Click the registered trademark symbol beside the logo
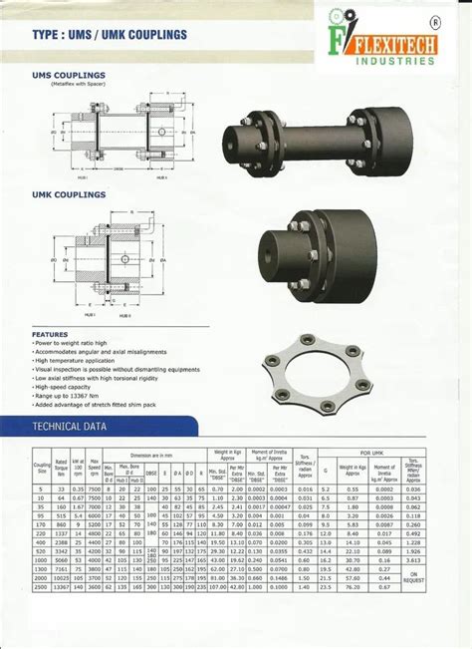coord(434,21)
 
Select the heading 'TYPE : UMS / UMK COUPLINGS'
coord(110,35)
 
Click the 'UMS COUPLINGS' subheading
coord(71,76)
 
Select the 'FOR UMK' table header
coord(370,452)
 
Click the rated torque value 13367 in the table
coord(61,586)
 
